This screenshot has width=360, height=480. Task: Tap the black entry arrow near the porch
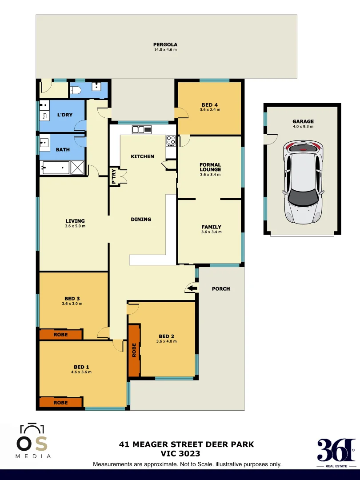[x=192, y=289]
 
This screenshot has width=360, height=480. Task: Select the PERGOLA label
[x=165, y=44]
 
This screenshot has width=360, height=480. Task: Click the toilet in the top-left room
[x=76, y=91]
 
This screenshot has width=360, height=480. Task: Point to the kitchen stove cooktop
[x=171, y=140]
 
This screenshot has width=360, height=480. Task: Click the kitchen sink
[x=141, y=129]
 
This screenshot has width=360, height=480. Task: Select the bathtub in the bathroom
[x=55, y=168]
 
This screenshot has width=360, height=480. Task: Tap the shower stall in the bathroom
[x=77, y=168]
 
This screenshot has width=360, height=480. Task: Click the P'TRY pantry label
[x=114, y=177]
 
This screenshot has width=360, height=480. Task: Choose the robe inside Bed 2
[x=134, y=350]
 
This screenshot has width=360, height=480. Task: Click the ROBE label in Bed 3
[x=60, y=335]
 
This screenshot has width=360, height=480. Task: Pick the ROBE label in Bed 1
[x=60, y=402]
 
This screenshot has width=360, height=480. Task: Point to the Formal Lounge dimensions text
[x=210, y=175]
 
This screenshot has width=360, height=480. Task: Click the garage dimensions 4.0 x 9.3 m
[x=303, y=127]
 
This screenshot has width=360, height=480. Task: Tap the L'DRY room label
[x=64, y=115]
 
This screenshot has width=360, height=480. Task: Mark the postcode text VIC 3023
[x=180, y=454]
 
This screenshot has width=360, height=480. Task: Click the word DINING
[x=141, y=219]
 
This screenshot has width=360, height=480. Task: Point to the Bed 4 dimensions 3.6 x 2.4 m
[x=210, y=110]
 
